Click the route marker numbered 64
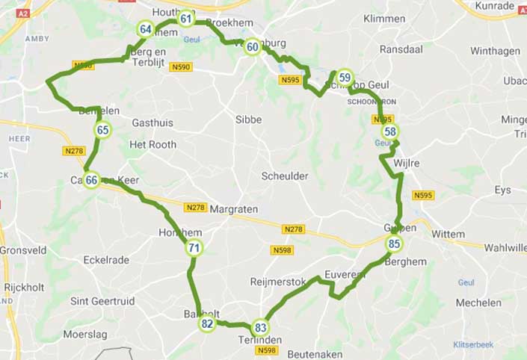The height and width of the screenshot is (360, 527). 146,30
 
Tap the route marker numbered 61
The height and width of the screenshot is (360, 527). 186,19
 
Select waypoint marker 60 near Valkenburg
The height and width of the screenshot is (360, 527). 253,47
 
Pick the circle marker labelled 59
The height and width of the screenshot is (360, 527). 344,77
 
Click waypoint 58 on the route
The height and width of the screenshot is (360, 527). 390,132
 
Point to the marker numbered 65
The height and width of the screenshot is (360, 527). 103,131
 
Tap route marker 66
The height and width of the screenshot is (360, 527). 91,180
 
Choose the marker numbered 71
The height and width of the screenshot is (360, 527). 194,248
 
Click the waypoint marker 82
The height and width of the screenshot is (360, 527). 207,323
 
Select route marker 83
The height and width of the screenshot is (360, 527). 261,327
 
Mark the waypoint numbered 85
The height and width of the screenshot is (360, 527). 395,243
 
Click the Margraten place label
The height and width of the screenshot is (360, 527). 234,210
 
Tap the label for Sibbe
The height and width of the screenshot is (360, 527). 248,119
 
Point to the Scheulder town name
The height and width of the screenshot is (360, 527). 285,176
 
